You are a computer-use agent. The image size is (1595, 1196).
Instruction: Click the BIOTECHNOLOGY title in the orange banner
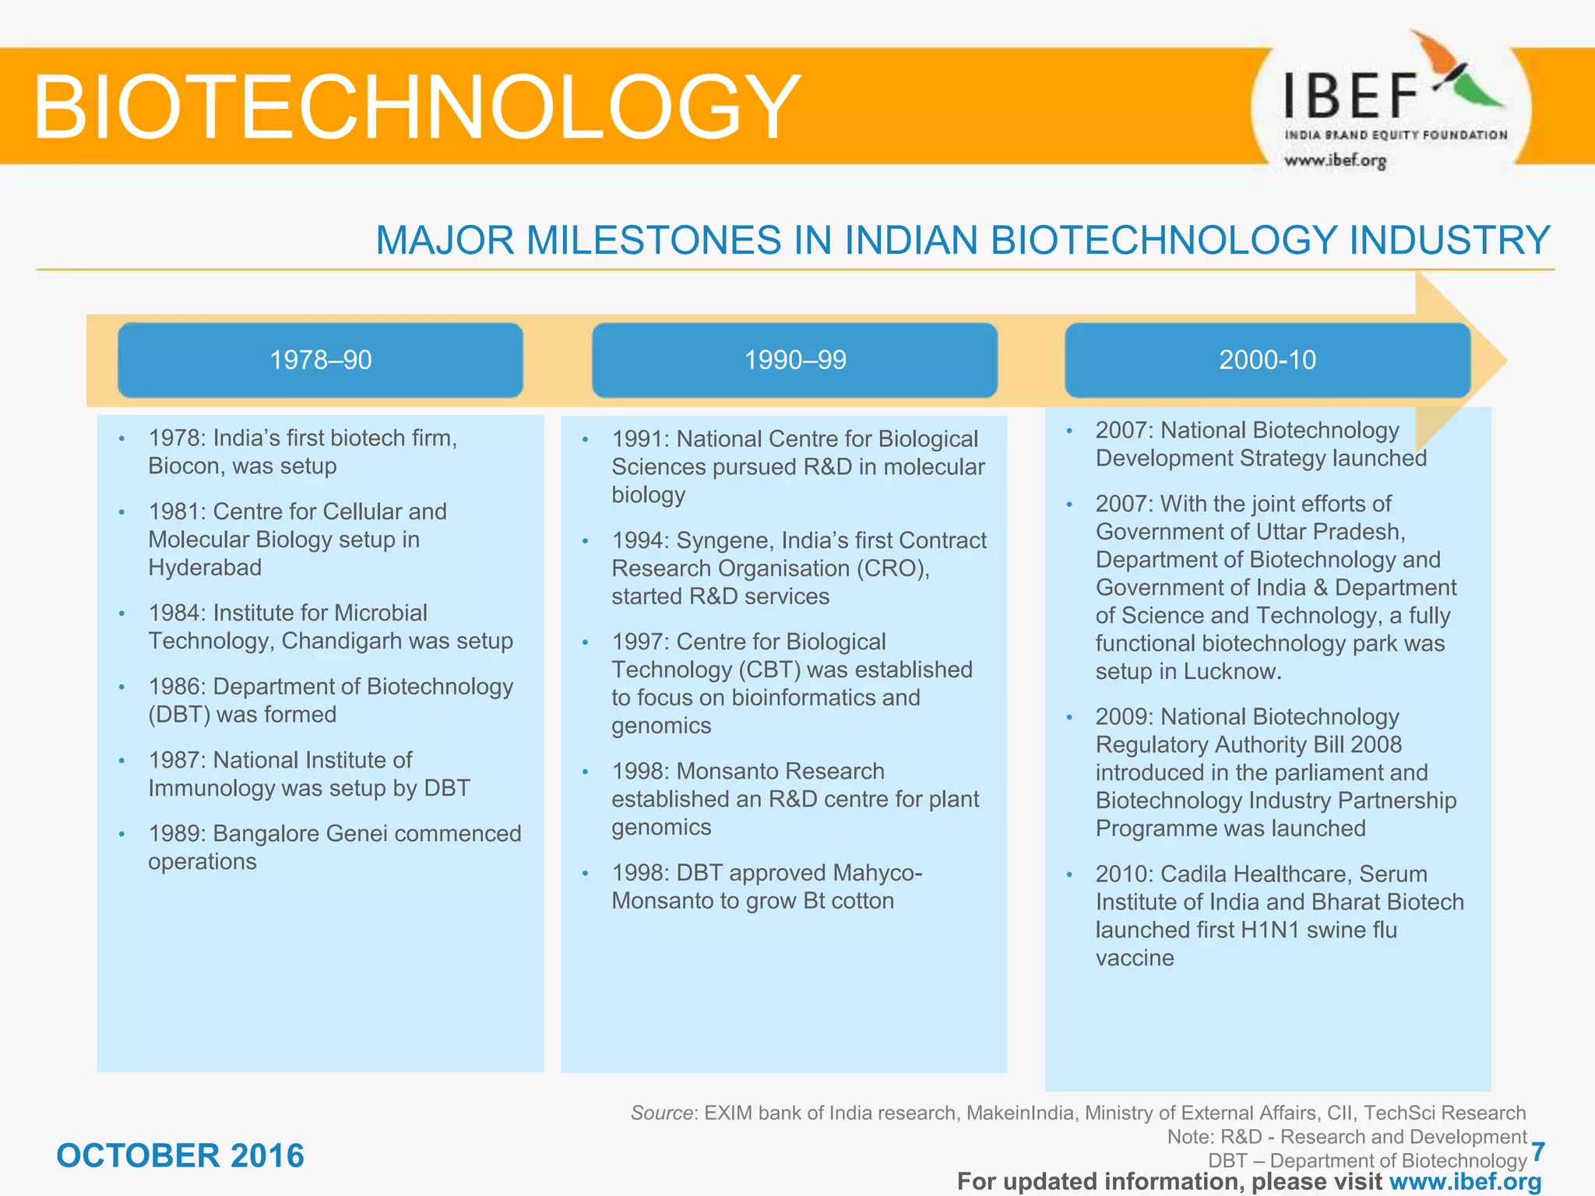click(x=417, y=107)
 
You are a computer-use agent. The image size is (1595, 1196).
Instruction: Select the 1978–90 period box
click(x=320, y=360)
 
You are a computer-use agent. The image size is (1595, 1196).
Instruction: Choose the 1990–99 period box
click(x=794, y=360)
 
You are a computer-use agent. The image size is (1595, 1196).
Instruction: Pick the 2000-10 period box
click(x=1267, y=360)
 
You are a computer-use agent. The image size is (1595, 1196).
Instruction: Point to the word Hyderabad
click(x=205, y=567)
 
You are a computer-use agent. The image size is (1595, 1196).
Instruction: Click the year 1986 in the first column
click(x=176, y=686)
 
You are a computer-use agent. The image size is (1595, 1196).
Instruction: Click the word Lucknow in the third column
click(x=1231, y=671)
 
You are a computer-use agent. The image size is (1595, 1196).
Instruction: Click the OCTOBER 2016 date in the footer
click(x=180, y=1156)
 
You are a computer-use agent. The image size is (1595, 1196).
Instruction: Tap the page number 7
click(x=1537, y=1152)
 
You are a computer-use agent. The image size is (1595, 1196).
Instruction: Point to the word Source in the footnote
click(x=661, y=1113)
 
